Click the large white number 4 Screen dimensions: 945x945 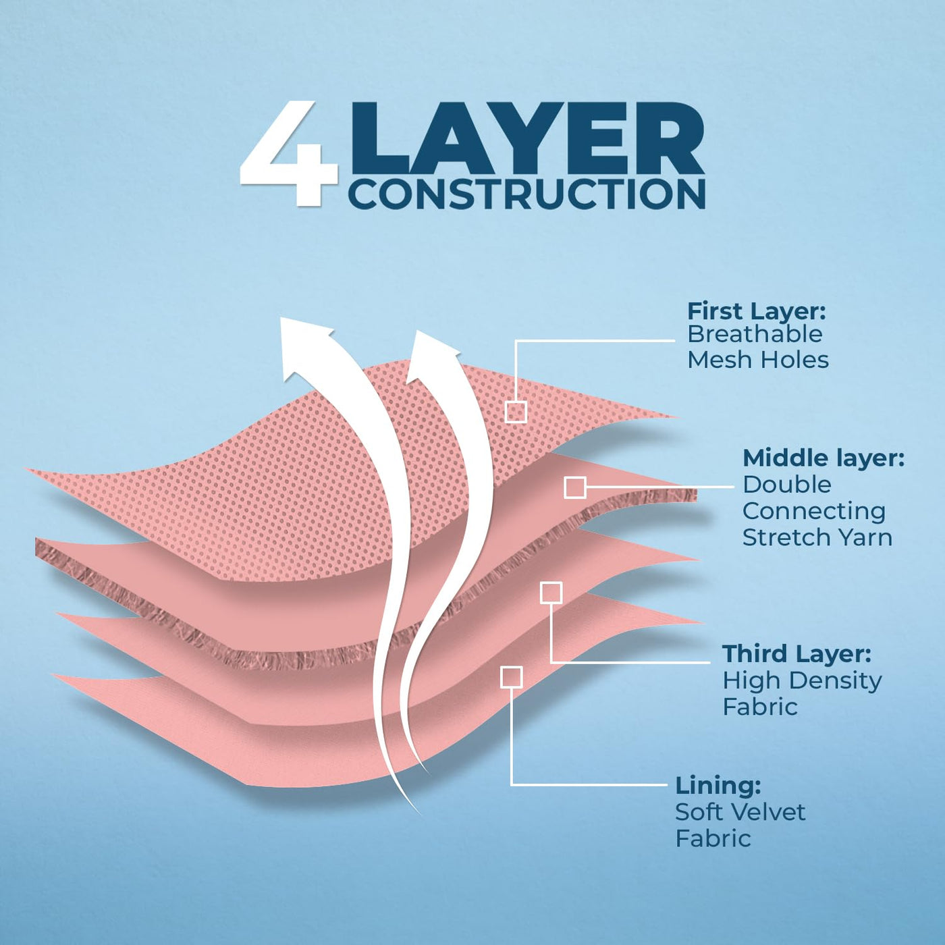click(x=289, y=154)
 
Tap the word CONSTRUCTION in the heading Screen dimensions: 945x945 click(x=526, y=194)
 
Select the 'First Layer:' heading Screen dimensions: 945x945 click(x=756, y=311)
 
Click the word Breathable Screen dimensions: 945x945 click(x=755, y=334)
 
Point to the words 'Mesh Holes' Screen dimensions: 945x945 click(x=757, y=360)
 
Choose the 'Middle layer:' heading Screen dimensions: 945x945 click(x=823, y=458)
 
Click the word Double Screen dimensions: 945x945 click(x=786, y=485)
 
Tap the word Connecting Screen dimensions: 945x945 click(x=813, y=511)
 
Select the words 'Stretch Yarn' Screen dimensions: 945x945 click(x=817, y=537)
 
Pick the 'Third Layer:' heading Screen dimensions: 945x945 click(x=796, y=654)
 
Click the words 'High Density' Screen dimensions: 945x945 click(x=802, y=680)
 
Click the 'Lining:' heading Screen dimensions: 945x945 click(x=718, y=786)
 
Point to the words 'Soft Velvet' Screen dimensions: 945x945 click(x=740, y=812)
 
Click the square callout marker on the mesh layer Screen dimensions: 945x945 click(x=516, y=412)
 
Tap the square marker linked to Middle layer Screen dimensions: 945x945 click(x=574, y=487)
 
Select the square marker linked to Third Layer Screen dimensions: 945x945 click(x=551, y=593)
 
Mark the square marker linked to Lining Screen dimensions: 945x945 click(x=512, y=677)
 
